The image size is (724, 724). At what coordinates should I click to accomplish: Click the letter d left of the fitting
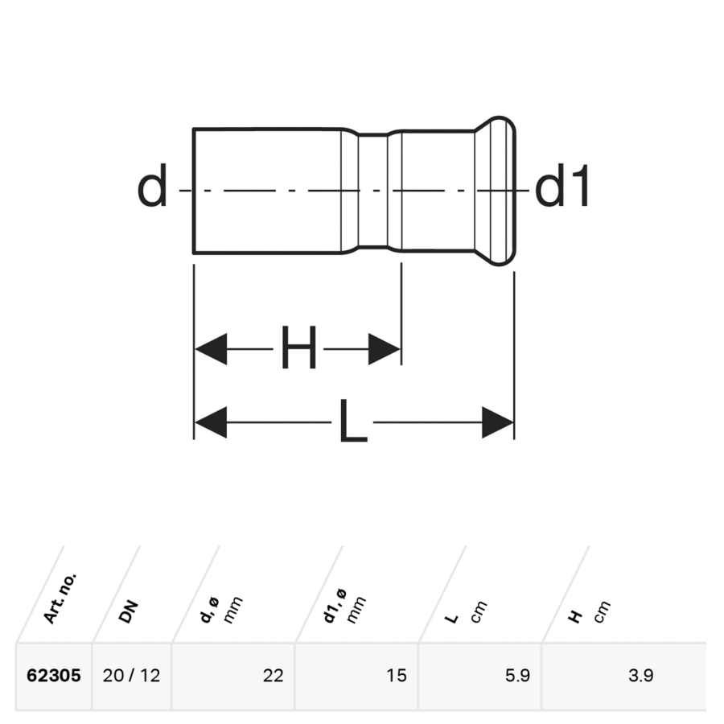pyautogui.click(x=152, y=185)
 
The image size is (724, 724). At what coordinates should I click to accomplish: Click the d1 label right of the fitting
pyautogui.click(x=562, y=185)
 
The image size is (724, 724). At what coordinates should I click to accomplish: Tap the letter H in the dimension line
pyautogui.click(x=298, y=347)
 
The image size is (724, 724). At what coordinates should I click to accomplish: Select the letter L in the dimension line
pyautogui.click(x=353, y=421)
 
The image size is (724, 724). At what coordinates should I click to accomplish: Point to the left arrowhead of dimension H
pyautogui.click(x=211, y=348)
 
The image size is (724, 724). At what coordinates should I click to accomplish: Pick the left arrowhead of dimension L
pyautogui.click(x=211, y=422)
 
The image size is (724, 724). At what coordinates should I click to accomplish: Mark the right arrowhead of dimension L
pyautogui.click(x=498, y=422)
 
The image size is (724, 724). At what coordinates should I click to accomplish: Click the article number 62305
pyautogui.click(x=54, y=676)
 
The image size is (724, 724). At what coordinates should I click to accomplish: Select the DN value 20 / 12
pyautogui.click(x=132, y=676)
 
